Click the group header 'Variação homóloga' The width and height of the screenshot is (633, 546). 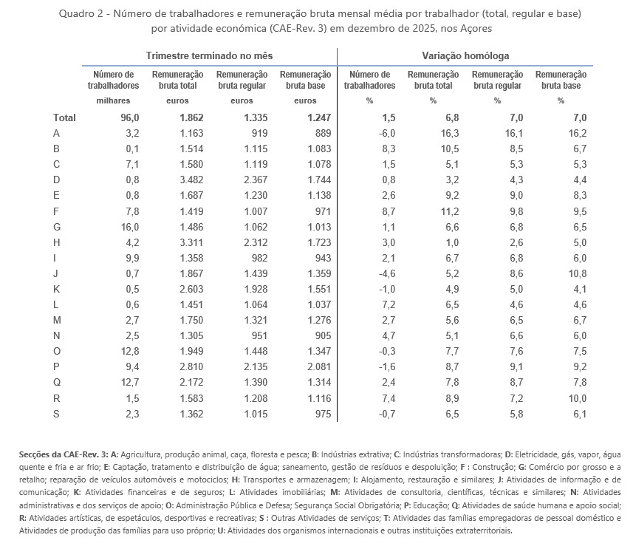pyautogui.click(x=465, y=55)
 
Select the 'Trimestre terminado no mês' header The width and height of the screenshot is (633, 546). pyautogui.click(x=208, y=55)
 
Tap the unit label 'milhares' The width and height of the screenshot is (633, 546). pyautogui.click(x=113, y=100)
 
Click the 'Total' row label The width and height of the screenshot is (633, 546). pyautogui.click(x=64, y=117)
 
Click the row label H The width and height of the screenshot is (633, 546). pyautogui.click(x=57, y=242)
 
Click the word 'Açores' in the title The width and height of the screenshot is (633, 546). pyautogui.click(x=475, y=28)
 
